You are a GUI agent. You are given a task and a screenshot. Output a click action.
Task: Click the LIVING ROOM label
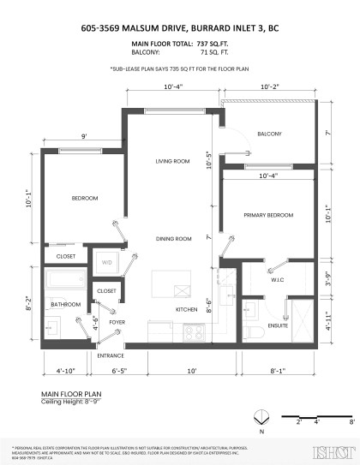(x=171, y=161)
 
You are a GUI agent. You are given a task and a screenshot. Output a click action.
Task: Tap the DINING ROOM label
(x=172, y=239)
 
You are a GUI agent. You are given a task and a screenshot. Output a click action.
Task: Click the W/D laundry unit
(x=107, y=262)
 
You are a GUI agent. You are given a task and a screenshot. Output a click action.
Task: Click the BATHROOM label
(x=65, y=304)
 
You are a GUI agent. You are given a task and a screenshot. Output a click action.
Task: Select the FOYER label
(x=117, y=322)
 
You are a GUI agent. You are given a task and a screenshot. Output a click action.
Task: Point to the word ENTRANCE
(x=111, y=355)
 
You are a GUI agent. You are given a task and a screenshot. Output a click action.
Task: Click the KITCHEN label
(x=188, y=309)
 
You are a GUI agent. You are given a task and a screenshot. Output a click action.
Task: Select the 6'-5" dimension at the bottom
(x=120, y=371)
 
